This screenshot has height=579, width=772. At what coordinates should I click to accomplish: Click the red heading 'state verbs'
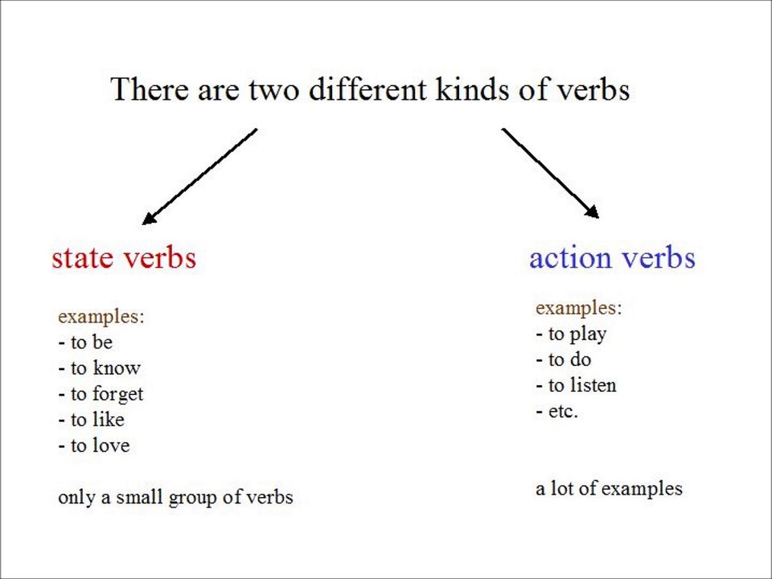[124, 258]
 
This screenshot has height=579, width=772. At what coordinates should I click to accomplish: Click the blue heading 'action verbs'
[612, 258]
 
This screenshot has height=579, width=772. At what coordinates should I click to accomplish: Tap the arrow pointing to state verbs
[199, 176]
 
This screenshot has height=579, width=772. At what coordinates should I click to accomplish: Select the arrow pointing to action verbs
[551, 174]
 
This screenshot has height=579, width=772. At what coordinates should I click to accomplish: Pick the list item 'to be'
[85, 343]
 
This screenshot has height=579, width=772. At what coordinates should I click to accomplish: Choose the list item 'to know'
[99, 368]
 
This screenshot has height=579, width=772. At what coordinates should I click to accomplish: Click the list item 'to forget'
[101, 394]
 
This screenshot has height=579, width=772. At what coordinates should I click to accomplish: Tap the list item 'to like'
[91, 420]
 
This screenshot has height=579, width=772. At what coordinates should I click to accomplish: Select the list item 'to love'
[93, 446]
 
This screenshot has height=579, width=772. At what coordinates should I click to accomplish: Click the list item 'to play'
[571, 334]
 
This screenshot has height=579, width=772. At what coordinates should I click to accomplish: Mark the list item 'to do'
[563, 359]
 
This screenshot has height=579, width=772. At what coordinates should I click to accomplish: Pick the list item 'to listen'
[576, 385]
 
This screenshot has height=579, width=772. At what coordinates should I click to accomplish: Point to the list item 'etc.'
[557, 411]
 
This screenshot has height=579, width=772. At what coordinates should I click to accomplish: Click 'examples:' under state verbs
[101, 316]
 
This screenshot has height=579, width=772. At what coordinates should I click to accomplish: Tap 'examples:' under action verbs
[578, 307]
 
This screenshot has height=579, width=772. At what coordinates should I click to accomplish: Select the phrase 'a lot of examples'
[609, 488]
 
